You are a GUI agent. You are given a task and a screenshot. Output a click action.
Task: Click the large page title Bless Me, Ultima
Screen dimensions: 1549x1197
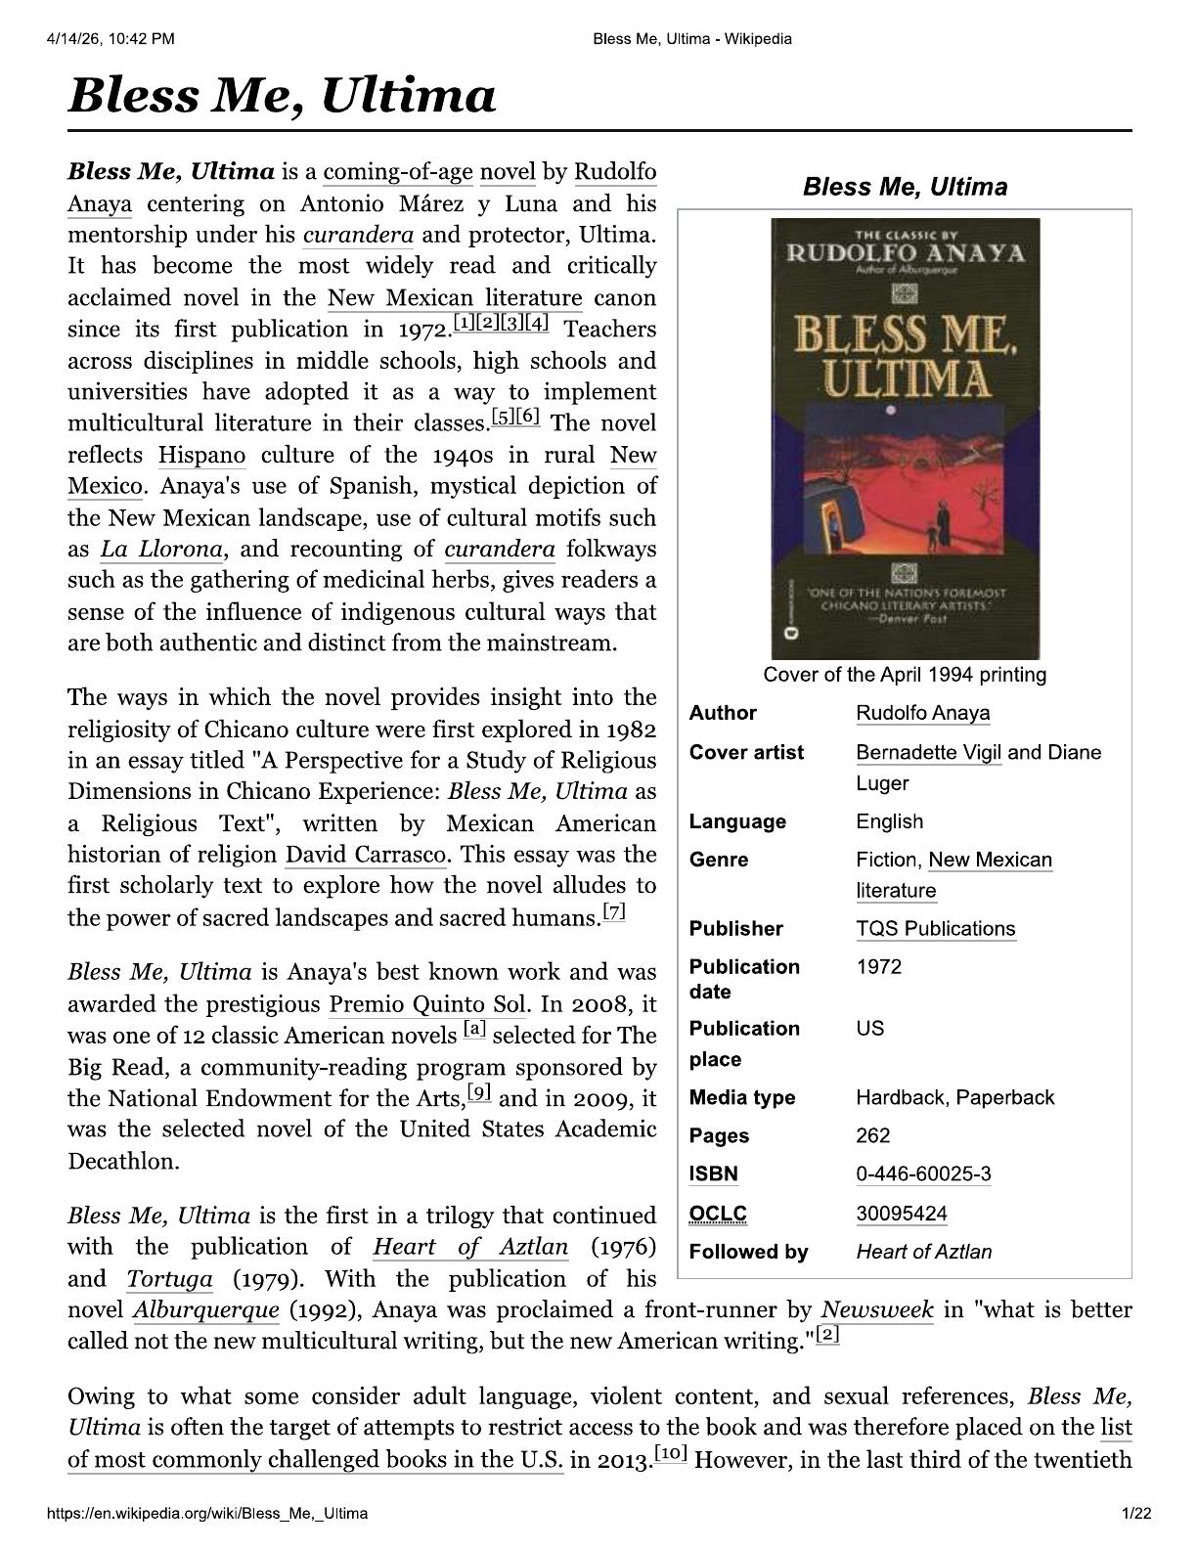[282, 96]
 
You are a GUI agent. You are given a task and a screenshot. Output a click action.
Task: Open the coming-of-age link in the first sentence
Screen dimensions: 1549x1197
[397, 172]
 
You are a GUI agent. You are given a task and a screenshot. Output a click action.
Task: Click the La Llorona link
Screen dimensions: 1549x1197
[161, 549]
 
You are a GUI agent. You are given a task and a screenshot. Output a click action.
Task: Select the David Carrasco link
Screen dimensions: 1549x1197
[366, 855]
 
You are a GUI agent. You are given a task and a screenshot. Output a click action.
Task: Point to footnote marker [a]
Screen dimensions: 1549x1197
[474, 1029]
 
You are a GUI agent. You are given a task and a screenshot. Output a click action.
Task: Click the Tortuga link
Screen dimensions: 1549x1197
[169, 1278]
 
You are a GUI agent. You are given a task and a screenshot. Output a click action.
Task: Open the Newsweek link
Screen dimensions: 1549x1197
[877, 1309]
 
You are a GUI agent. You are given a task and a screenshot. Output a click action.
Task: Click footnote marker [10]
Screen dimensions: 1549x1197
[671, 1453]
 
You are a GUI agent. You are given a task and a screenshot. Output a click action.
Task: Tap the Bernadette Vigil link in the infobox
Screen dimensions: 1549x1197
[928, 752]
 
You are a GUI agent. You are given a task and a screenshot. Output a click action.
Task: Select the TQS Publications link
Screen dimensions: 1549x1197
[935, 928]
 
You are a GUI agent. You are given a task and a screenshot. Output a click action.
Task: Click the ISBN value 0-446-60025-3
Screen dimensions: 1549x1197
[922, 1173]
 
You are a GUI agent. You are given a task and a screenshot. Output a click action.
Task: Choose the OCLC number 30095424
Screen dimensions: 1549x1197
[901, 1214]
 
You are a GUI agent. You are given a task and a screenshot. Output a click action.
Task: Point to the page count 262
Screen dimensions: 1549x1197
[872, 1135]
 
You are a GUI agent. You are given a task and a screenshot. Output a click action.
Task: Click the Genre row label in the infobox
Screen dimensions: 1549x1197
[718, 860]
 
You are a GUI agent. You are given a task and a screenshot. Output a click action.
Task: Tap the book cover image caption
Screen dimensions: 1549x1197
[905, 675]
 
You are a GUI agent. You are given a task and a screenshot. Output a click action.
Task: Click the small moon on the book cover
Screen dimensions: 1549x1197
[890, 412]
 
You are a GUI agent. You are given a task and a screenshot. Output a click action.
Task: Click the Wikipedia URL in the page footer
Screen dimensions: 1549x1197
[208, 1514]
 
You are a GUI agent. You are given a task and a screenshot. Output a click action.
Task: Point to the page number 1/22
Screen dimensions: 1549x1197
[1136, 1514]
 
